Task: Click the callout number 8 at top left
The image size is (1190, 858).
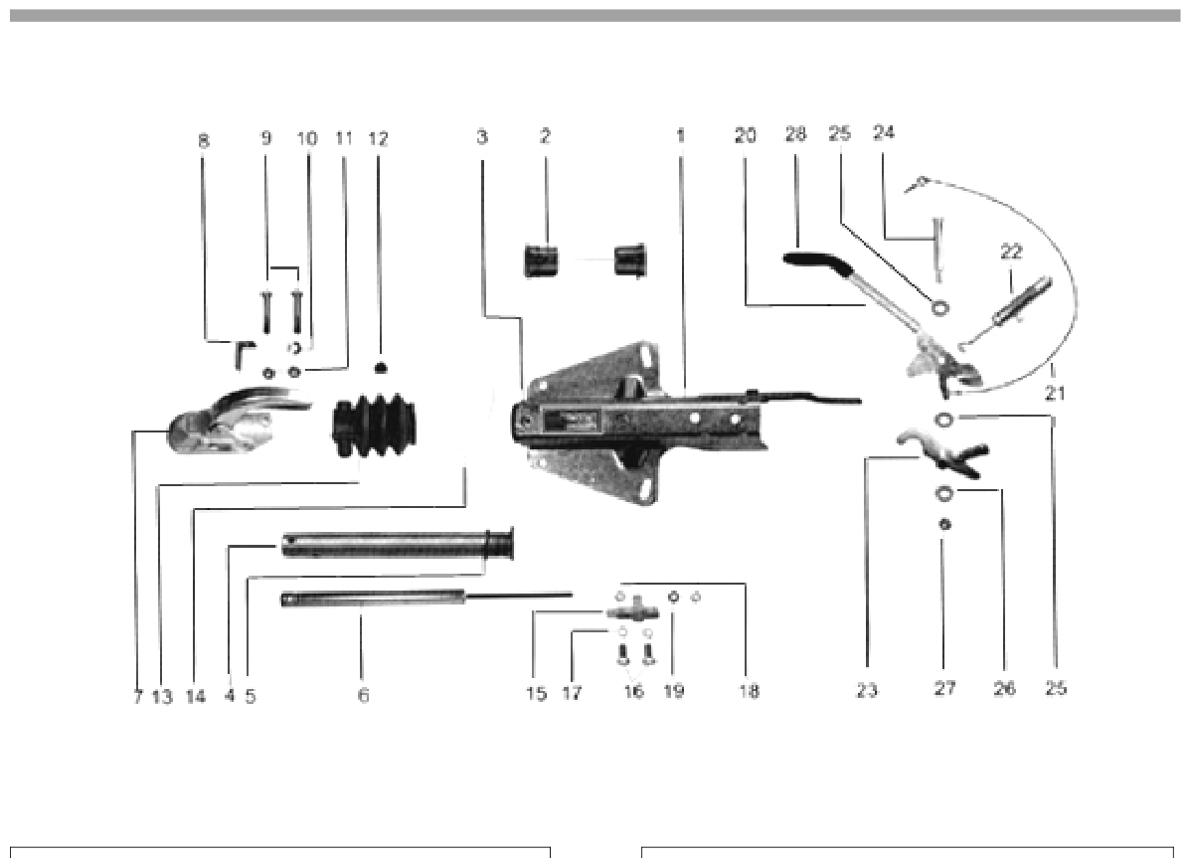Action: (x=203, y=140)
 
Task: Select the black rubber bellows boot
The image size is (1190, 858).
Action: (x=374, y=426)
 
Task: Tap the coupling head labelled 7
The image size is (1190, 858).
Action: (x=237, y=422)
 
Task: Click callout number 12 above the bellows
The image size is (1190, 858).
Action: (x=378, y=139)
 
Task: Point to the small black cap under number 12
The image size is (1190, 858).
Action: (x=381, y=368)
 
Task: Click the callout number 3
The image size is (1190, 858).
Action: (x=482, y=136)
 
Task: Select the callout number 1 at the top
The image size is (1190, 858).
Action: (x=681, y=136)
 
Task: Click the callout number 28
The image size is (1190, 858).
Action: (x=795, y=134)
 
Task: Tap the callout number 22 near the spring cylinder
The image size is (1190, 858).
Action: (x=1011, y=252)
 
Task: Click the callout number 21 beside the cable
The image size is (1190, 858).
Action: (x=1055, y=394)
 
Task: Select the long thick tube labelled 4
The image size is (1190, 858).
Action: (x=398, y=545)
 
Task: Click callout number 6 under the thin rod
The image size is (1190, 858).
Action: (x=364, y=695)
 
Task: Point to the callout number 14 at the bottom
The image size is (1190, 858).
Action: (x=195, y=696)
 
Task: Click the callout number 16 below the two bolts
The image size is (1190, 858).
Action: (x=633, y=691)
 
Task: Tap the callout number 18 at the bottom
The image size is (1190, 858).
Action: (x=749, y=691)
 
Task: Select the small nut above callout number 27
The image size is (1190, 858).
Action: (x=944, y=524)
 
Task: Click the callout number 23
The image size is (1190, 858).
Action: (x=868, y=690)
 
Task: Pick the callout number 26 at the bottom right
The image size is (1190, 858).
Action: (x=1004, y=689)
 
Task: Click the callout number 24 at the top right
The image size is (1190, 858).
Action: (x=884, y=133)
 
